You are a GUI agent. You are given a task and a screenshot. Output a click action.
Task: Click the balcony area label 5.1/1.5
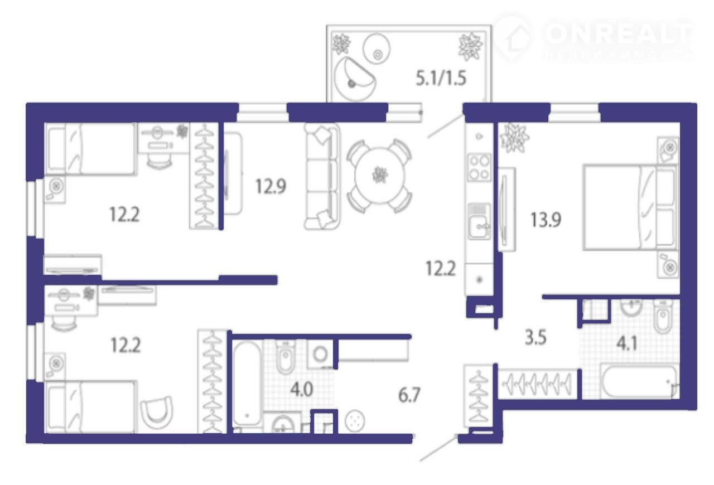441,79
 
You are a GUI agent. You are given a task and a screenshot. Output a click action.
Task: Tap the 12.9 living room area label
271,186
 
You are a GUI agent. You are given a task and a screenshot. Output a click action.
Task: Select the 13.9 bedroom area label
546,220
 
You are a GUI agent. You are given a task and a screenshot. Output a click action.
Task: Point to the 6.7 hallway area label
409,395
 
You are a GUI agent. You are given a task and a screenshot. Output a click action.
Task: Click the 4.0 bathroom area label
302,390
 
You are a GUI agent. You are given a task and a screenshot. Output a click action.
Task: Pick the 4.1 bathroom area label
626,343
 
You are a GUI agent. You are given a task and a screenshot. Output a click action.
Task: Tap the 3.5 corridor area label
535,337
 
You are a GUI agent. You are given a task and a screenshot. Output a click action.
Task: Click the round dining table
380,176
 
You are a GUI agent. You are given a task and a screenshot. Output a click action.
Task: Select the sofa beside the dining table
322,176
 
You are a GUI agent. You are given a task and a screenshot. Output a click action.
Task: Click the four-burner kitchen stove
479,168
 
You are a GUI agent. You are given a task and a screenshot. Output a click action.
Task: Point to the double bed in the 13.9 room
630,207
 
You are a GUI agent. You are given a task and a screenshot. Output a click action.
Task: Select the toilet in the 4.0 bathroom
286,357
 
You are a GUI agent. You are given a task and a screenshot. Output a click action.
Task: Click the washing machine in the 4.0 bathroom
320,354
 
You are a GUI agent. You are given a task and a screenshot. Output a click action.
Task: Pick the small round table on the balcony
377,48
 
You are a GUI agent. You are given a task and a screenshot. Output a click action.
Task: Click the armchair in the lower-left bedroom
157,413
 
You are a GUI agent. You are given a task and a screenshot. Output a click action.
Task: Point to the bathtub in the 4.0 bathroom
247,383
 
